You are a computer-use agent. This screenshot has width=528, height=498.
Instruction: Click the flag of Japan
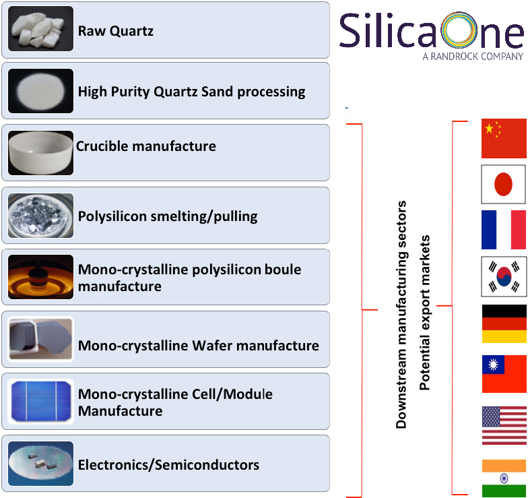(504, 184)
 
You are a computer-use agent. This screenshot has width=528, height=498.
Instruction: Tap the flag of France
(504, 230)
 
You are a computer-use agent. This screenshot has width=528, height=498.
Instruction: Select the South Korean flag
(504, 276)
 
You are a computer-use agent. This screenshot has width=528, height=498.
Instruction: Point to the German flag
(504, 323)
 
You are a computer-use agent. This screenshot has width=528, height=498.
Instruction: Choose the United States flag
(504, 426)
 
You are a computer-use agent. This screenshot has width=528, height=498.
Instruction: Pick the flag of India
(504, 478)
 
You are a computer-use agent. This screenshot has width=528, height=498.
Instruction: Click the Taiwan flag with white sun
(504, 373)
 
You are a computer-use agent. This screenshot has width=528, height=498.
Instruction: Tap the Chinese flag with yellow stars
(504, 138)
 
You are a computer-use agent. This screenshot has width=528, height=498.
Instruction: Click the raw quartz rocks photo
(40, 28)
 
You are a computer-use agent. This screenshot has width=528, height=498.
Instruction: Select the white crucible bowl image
(40, 153)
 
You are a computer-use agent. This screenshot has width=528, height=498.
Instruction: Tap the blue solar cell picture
(40, 402)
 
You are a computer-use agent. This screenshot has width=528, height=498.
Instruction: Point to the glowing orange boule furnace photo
(40, 277)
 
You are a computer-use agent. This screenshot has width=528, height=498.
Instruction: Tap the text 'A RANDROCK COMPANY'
(473, 57)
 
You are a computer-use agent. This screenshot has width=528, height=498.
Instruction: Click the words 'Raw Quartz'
(116, 31)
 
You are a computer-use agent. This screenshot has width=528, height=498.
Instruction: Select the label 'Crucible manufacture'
(145, 146)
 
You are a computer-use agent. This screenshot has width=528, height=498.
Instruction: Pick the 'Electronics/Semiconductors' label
(168, 465)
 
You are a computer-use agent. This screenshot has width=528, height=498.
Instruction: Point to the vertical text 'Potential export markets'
(424, 313)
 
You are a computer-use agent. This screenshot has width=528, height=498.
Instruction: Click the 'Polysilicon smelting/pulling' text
(168, 216)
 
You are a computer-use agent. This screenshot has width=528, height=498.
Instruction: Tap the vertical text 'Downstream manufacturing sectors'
(401, 314)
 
